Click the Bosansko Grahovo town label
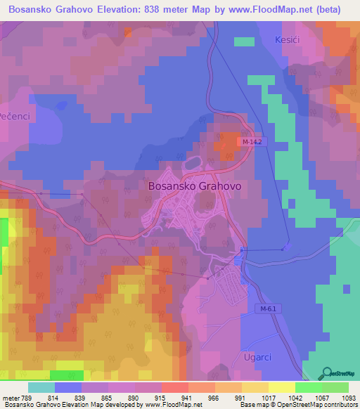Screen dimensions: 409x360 click(195, 186)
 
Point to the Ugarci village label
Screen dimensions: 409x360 click(258, 356)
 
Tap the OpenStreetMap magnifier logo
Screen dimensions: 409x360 click(327, 372)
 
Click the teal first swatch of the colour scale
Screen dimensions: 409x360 click(41, 387)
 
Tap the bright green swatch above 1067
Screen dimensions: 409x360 click(308, 387)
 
